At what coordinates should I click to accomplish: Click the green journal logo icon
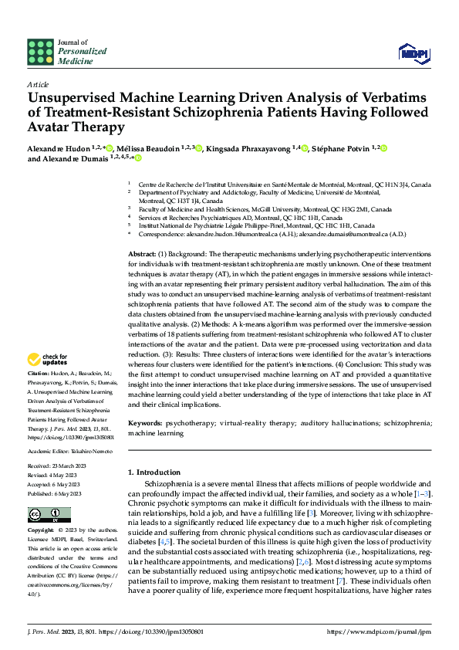click(40, 52)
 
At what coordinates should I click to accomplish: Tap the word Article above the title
click(38, 84)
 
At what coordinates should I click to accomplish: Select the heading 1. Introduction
click(158, 472)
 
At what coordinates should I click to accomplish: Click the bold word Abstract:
click(143, 254)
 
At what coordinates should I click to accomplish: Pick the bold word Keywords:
click(145, 423)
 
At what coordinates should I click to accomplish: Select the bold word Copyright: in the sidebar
click(42, 531)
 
